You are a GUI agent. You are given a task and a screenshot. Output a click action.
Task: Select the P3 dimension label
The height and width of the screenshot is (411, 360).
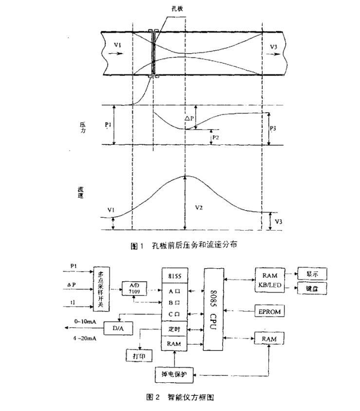click(274, 128)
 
